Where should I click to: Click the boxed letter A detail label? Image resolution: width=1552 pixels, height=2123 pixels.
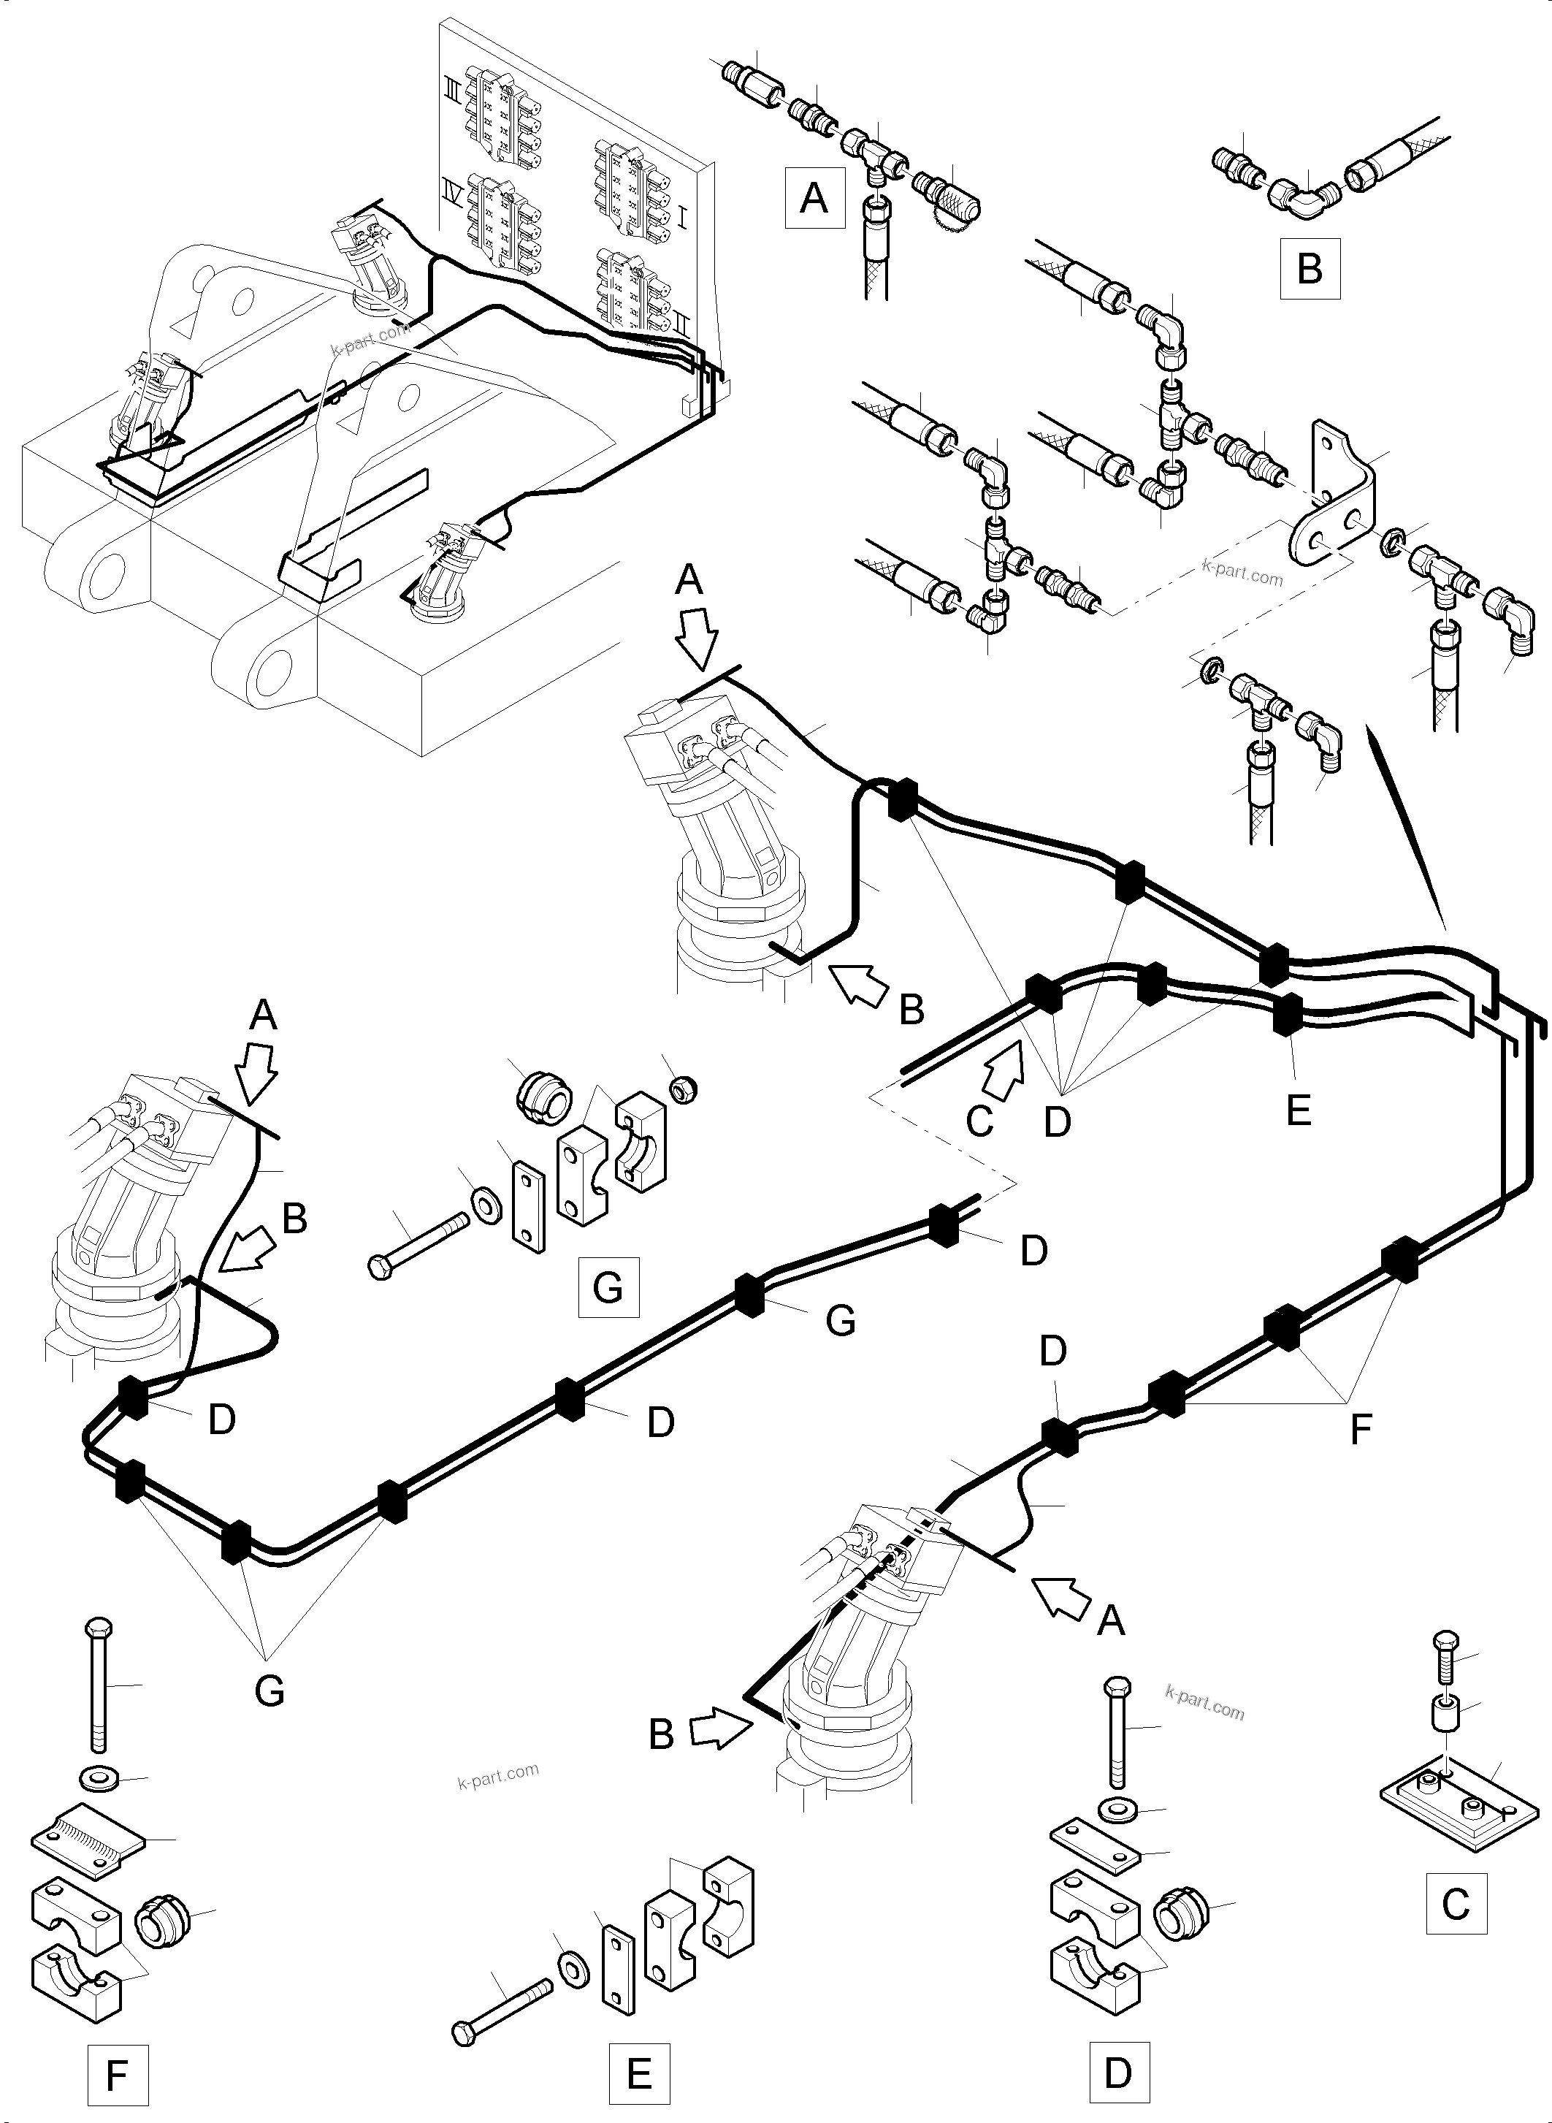coord(814,198)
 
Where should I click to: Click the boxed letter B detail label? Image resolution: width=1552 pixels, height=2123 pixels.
coord(1309,269)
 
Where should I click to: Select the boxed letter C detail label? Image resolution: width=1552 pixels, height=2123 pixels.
coord(1456,1903)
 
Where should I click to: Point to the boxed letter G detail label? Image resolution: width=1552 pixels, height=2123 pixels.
coord(608,1287)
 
